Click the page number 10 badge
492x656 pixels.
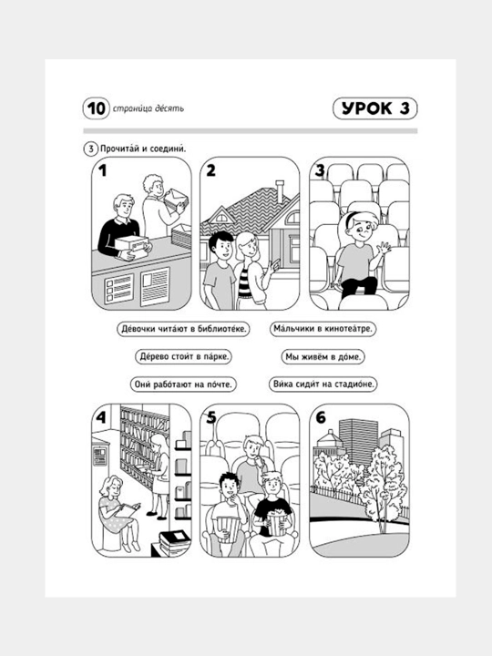coord(97,108)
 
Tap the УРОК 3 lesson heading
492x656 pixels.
coord(375,108)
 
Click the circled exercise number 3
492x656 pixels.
coord(91,149)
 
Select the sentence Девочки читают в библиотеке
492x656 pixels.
coord(183,329)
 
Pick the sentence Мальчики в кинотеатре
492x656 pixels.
coord(323,329)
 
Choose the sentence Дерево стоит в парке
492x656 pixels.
coord(184,357)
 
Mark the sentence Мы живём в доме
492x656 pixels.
coord(323,357)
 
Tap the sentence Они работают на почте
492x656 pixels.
coord(183,384)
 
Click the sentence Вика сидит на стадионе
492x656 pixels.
coord(323,384)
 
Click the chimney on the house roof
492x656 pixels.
coord(280,190)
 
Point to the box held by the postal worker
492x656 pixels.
coord(131,244)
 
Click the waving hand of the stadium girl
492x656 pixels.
coord(384,249)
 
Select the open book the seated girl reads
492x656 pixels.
coord(128,509)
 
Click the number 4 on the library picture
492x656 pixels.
coord(101,417)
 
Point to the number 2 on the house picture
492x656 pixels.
coord(210,170)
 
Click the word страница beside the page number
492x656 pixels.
coord(128,108)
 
